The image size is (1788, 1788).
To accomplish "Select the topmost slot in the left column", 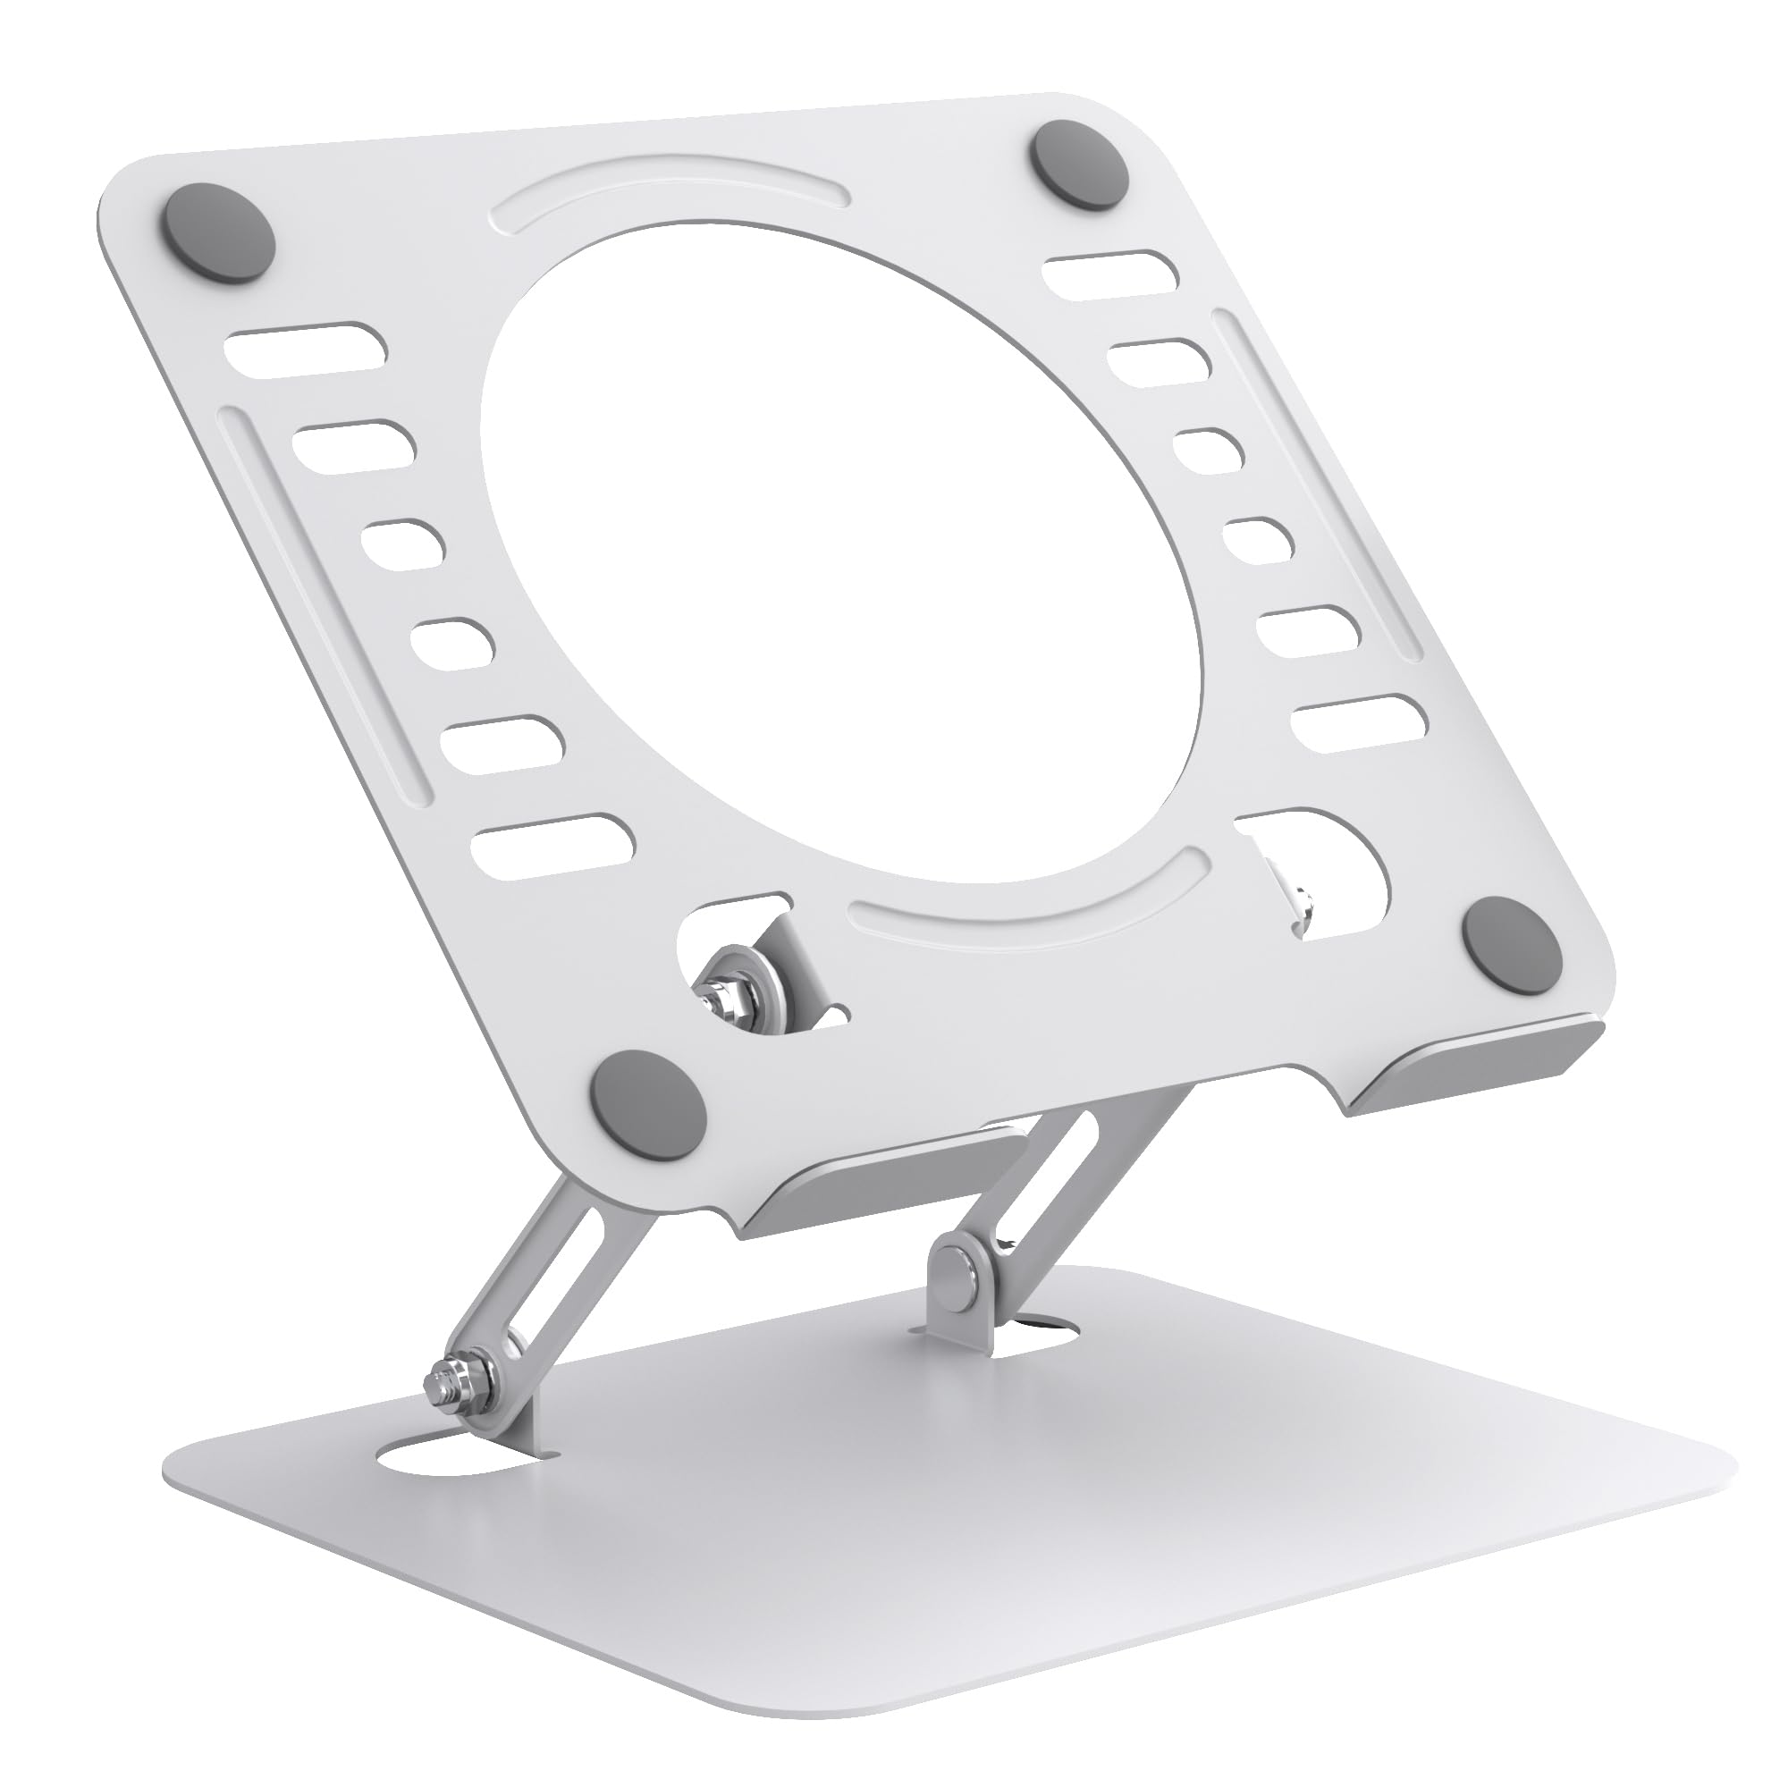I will (x=309, y=349).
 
